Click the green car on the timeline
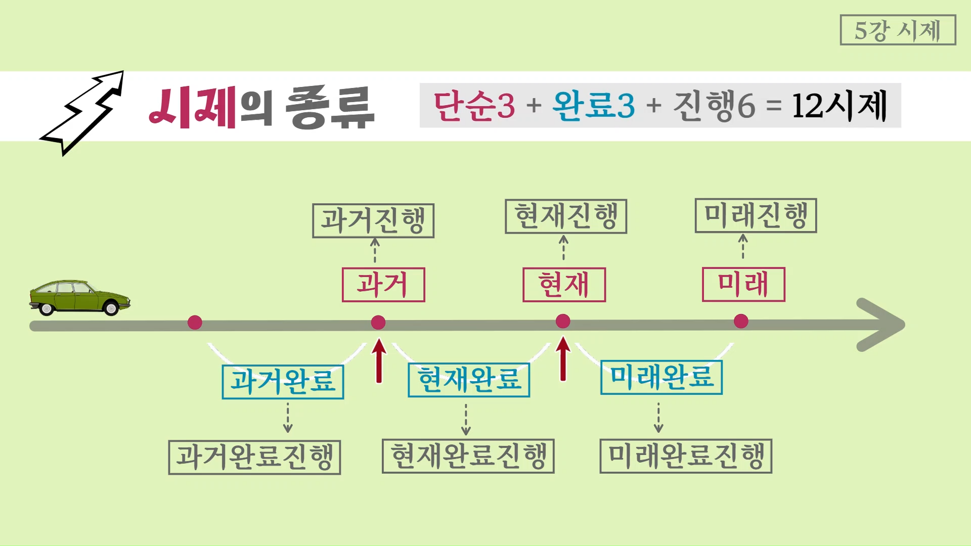pyautogui.click(x=79, y=298)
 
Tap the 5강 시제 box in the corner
pyautogui.click(x=898, y=30)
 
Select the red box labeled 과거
pyautogui.click(x=383, y=285)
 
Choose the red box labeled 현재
pyautogui.click(x=564, y=285)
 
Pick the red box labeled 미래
pyautogui.click(x=743, y=284)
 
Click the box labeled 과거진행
pyautogui.click(x=373, y=220)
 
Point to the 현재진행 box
pyautogui.click(x=566, y=216)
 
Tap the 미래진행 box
pyautogui.click(x=756, y=215)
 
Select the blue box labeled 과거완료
pyautogui.click(x=283, y=382)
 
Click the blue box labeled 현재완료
pyautogui.click(x=469, y=380)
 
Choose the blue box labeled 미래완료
pyautogui.click(x=661, y=377)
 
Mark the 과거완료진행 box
pyautogui.click(x=254, y=457)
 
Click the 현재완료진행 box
pyautogui.click(x=468, y=456)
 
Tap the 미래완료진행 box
pyautogui.click(x=686, y=456)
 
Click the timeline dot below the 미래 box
pyautogui.click(x=741, y=321)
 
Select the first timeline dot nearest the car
pyautogui.click(x=195, y=323)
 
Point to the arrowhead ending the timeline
pyautogui.click(x=882, y=324)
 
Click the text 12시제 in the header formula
pyautogui.click(x=840, y=106)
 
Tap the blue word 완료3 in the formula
pyautogui.click(x=594, y=106)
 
